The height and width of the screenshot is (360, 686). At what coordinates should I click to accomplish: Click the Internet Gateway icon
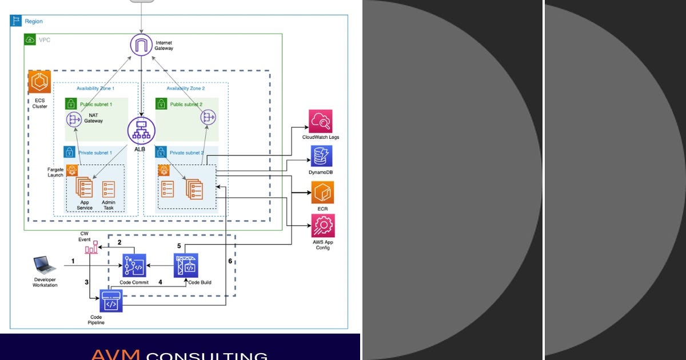point(141,45)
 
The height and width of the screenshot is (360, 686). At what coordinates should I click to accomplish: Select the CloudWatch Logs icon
point(320,121)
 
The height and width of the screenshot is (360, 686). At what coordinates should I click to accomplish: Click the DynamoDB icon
point(322,156)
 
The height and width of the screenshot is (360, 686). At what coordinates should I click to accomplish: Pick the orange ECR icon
point(322,192)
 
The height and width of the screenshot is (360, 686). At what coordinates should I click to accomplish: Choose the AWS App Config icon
point(323,226)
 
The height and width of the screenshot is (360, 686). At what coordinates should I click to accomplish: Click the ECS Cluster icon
point(39,83)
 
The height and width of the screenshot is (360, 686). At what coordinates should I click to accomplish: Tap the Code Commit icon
point(134,266)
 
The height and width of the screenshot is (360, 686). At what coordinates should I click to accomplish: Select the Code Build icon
point(186,265)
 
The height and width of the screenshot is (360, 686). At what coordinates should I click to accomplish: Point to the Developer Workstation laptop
point(45,265)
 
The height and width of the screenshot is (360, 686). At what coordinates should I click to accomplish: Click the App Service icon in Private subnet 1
point(84,187)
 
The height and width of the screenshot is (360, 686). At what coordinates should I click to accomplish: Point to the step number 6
point(230,261)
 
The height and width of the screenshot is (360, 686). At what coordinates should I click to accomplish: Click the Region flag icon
point(15,21)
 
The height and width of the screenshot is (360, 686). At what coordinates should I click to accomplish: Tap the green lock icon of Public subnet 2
point(161,104)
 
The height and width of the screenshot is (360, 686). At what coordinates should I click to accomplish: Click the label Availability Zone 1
point(95,89)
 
